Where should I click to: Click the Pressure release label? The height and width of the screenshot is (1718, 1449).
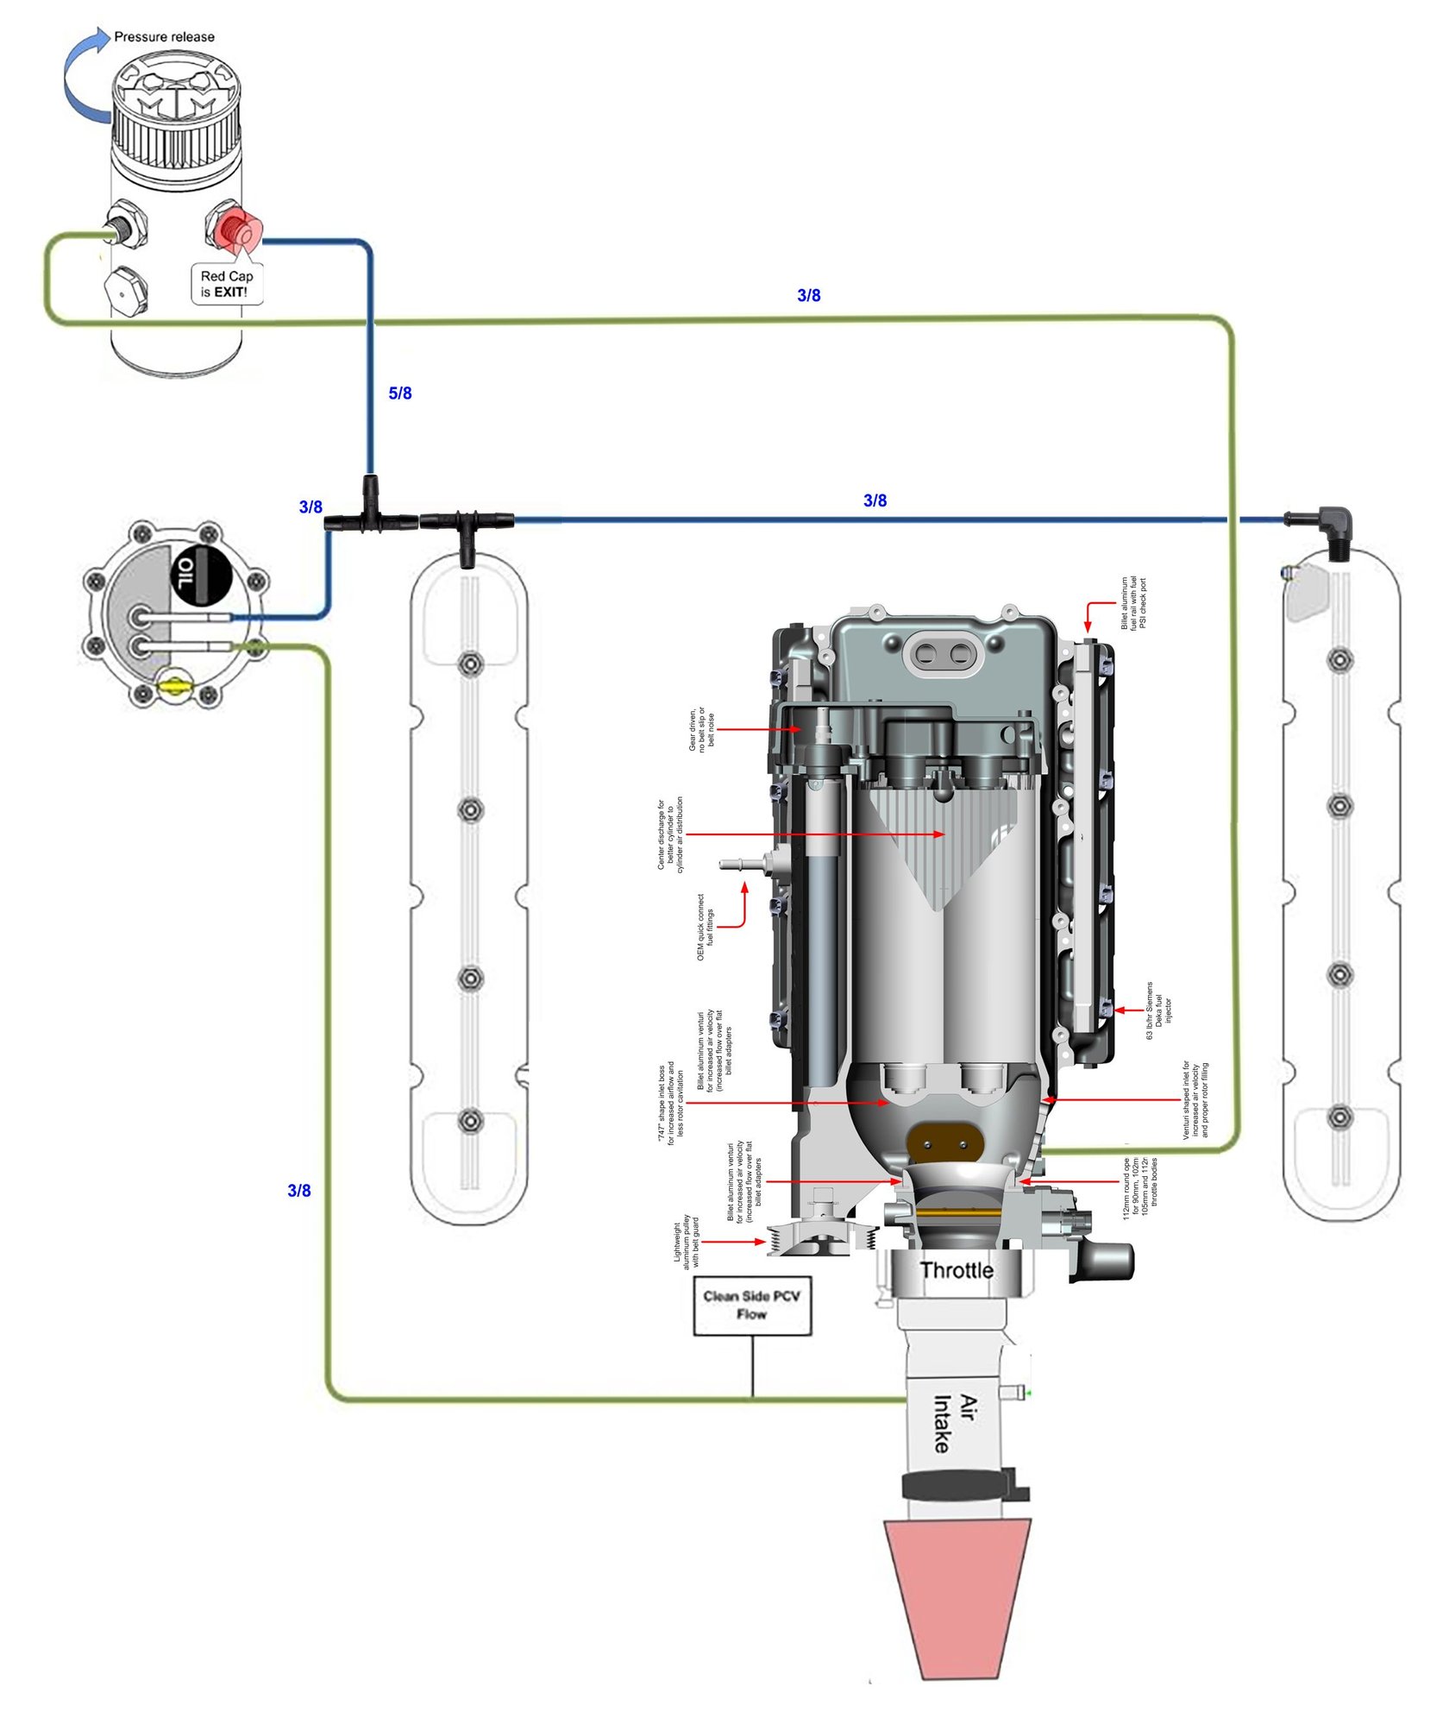164,37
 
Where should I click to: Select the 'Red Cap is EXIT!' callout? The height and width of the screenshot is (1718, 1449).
226,284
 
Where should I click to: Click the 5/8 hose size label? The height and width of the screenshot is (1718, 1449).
400,393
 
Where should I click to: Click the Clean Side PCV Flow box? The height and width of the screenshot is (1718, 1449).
752,1305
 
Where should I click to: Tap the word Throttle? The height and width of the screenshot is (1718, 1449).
956,1269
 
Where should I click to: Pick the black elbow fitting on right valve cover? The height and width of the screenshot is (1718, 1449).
1333,526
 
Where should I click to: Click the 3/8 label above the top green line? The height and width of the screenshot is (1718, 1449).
808,295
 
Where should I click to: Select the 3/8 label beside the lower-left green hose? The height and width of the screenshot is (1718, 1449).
298,1191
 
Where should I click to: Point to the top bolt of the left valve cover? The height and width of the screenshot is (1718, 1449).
470,664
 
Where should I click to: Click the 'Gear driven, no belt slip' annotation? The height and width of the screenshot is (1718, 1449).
700,729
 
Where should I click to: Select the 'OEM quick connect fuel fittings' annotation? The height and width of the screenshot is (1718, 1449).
705,927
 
